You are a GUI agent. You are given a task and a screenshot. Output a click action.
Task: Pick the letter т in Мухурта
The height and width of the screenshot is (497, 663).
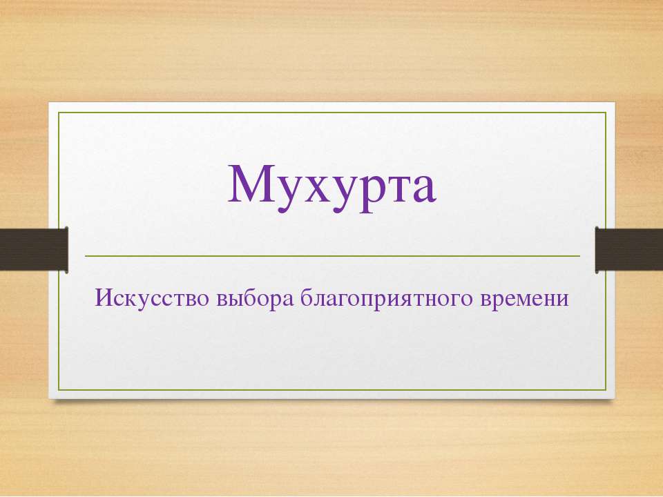400,189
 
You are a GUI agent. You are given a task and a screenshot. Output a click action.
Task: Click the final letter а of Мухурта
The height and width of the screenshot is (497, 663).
425,189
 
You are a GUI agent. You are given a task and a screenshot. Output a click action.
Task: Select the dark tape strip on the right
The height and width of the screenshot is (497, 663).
628,249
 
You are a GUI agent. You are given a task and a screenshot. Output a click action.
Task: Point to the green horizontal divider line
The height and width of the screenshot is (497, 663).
332,256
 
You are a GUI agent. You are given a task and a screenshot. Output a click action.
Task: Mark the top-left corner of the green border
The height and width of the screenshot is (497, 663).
58,113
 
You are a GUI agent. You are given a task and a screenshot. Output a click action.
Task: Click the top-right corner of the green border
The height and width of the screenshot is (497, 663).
606,113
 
